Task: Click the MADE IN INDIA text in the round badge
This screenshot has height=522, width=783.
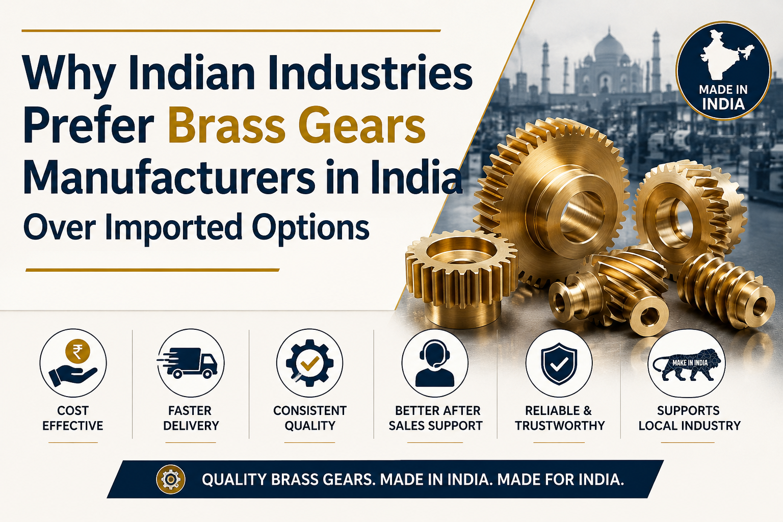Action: click(723, 97)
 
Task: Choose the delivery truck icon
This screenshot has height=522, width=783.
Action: click(188, 362)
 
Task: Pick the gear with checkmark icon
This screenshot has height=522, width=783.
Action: click(310, 363)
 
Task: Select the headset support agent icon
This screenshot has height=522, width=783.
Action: click(434, 363)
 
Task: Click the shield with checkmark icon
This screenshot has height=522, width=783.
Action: click(559, 363)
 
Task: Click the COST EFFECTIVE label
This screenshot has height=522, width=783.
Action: click(73, 418)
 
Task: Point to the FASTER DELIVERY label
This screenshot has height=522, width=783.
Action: click(191, 418)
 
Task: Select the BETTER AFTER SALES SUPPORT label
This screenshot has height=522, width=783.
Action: click(436, 418)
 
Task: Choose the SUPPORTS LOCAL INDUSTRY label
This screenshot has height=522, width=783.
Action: click(689, 418)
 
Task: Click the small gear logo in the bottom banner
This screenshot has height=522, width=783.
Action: click(170, 479)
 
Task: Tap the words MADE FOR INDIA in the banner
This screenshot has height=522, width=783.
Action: click(560, 479)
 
